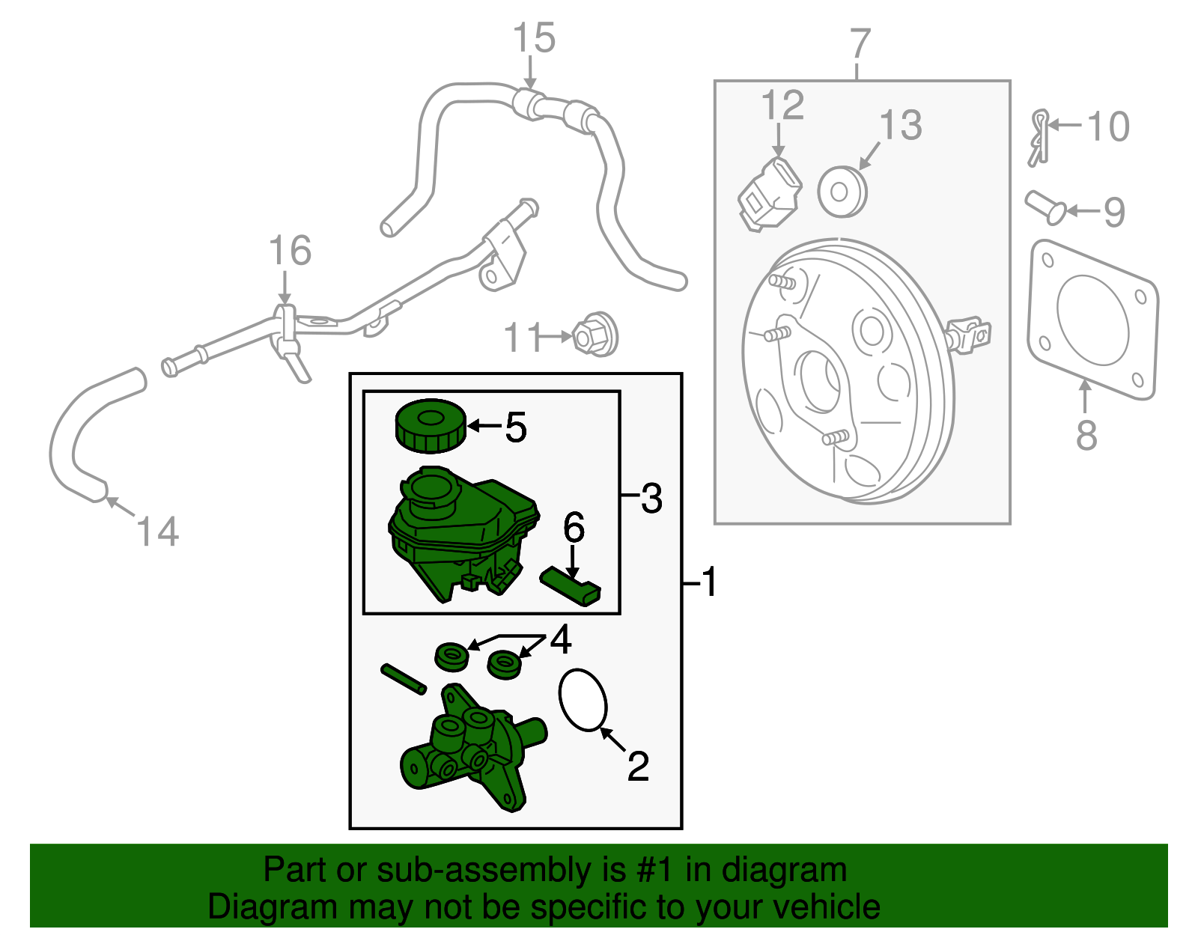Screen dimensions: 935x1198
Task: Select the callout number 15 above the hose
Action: [534, 38]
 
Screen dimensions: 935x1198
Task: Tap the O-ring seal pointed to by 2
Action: [583, 698]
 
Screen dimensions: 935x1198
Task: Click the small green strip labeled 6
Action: [571, 586]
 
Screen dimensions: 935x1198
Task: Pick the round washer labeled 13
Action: [842, 192]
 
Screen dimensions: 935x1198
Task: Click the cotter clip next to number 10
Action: [1039, 137]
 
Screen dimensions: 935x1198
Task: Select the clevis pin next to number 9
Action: [1045, 207]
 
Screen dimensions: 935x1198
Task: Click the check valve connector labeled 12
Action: [769, 194]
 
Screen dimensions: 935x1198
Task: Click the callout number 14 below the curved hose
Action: [158, 532]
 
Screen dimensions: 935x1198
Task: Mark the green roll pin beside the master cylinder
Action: [404, 678]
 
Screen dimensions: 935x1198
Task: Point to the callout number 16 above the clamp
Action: [290, 251]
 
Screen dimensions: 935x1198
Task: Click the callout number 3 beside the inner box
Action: [651, 498]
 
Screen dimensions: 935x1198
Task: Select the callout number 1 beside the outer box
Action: [709, 582]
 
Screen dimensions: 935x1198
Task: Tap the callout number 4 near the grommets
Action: [561, 639]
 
